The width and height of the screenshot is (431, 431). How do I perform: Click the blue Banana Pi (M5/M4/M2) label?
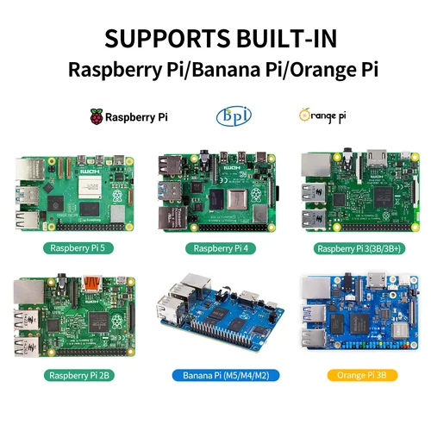point(216,376)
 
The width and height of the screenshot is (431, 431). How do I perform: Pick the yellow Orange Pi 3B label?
point(358,376)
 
